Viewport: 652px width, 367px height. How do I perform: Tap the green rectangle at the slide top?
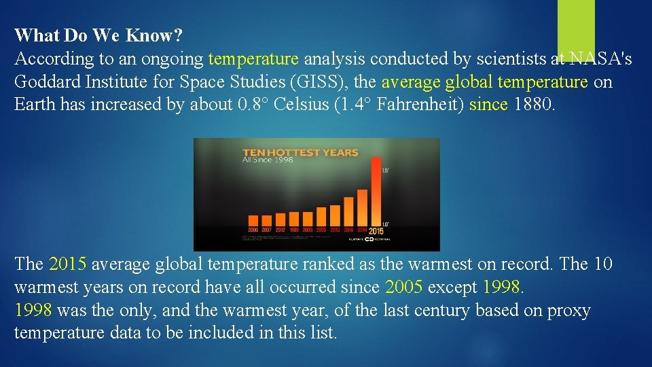point(576,26)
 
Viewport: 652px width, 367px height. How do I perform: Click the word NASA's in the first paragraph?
point(600,60)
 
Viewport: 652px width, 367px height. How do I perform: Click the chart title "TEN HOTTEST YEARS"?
point(300,152)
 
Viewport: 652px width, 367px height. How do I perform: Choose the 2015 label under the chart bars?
point(376,231)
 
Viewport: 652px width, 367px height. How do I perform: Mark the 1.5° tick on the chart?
point(385,170)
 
